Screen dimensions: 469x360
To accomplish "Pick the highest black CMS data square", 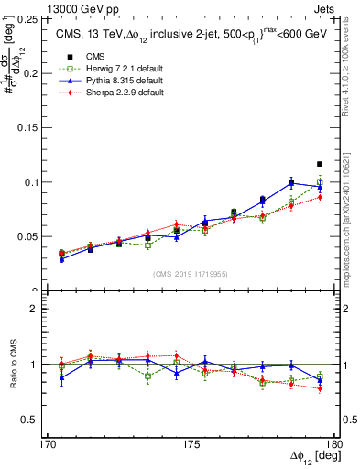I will (320, 164).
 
